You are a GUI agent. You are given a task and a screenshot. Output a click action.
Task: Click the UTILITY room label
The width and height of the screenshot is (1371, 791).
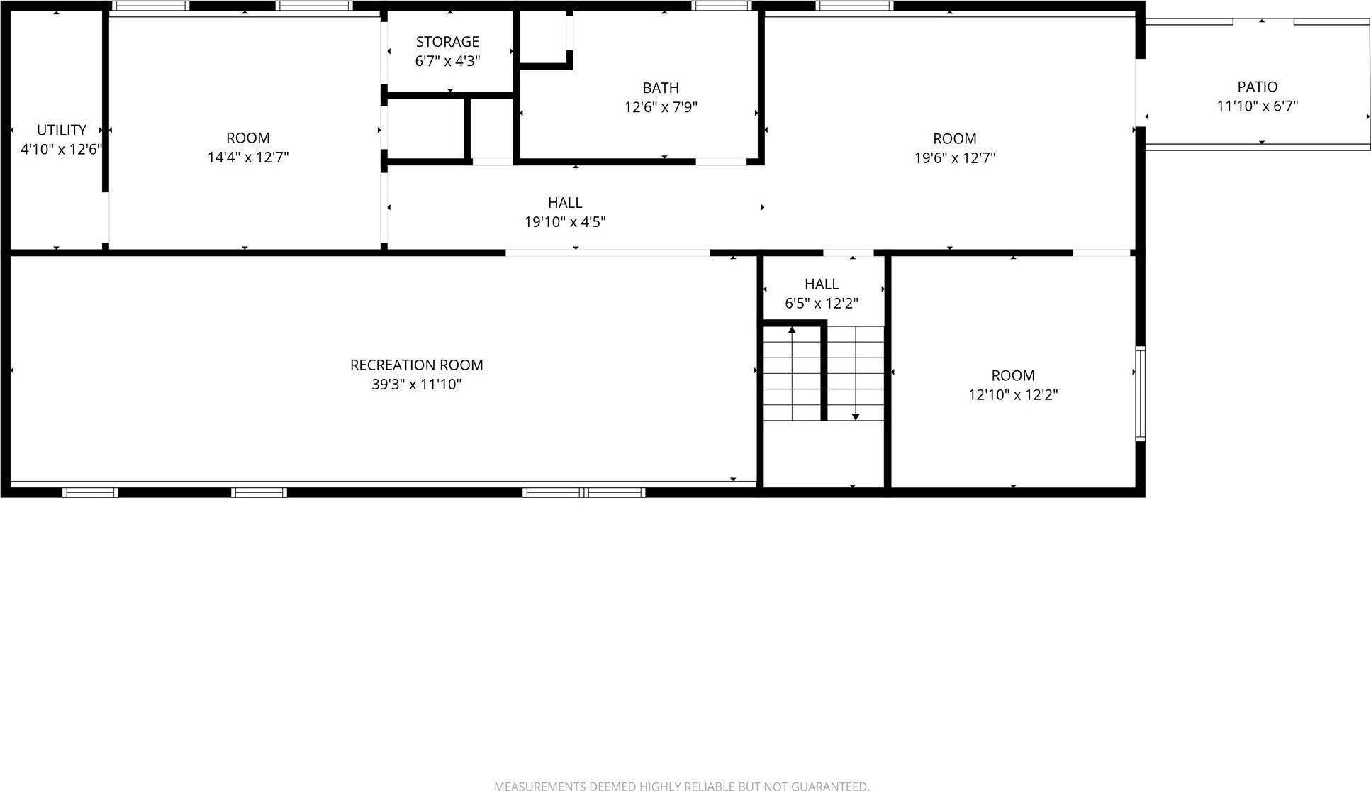[62, 130]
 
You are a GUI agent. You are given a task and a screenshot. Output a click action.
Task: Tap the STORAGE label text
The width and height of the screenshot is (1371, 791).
[447, 42]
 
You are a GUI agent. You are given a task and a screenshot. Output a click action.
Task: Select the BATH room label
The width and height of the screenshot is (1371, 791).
[661, 88]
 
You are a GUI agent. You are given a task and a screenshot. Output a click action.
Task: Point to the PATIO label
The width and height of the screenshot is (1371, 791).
[1257, 87]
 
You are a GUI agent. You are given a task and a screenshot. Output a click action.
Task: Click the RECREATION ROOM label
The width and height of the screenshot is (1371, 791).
[416, 365]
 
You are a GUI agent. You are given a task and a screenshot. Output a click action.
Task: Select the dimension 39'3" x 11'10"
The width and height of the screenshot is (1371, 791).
[416, 385]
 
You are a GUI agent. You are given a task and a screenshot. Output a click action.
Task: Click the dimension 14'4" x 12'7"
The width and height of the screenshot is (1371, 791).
[247, 157]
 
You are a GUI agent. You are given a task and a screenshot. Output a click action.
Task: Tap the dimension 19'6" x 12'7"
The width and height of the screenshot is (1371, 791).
[954, 158]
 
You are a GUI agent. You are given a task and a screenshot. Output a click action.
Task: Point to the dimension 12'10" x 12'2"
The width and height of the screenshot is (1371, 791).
[1013, 395]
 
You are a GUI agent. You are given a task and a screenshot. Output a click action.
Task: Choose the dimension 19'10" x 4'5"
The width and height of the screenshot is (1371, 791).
[564, 222]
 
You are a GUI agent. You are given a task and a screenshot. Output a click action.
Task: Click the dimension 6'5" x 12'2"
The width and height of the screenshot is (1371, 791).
[821, 304]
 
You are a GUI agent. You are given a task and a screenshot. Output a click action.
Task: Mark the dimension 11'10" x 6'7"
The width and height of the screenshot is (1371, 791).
[1257, 106]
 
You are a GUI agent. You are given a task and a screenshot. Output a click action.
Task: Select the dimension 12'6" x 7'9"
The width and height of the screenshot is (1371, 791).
[661, 108]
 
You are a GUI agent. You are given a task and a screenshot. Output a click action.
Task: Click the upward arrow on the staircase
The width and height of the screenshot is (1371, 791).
[792, 331]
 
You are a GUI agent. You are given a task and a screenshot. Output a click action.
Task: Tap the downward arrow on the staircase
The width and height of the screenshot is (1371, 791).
[856, 416]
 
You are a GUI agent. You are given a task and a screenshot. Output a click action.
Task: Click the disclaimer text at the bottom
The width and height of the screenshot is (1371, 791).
[681, 785]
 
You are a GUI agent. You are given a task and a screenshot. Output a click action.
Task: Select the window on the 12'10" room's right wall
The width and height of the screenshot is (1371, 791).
[1140, 393]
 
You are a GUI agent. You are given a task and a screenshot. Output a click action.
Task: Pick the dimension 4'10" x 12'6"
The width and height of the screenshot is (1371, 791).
[62, 150]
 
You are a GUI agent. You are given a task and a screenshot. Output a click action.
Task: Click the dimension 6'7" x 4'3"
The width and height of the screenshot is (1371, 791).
[447, 61]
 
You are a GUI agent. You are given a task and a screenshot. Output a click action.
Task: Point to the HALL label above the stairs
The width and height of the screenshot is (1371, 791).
[821, 284]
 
